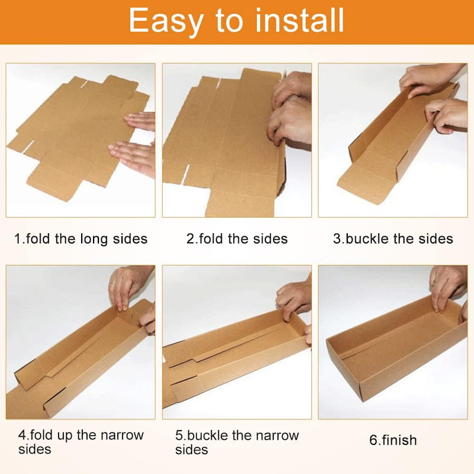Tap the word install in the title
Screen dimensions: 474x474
[300, 20]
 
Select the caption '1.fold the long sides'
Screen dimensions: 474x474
[81, 239]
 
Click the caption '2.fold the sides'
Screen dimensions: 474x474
[236, 239]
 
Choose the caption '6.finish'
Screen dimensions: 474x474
[393, 440]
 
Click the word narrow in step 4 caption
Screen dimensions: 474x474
[122, 435]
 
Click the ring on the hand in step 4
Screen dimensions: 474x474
[113, 283]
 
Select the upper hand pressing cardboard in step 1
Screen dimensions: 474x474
[140, 121]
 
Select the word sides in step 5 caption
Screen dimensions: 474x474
[191, 450]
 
